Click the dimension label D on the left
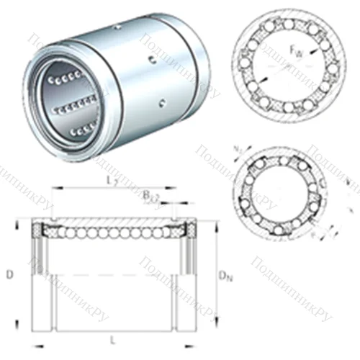click(x=9, y=274)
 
